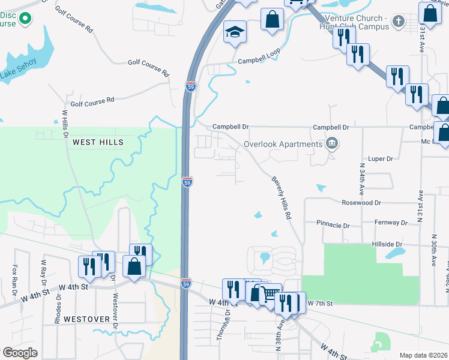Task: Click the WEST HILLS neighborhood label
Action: coord(98,142)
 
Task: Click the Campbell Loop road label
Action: coord(259,61)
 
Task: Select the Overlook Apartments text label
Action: coord(283,144)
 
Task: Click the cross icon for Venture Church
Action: coord(397,23)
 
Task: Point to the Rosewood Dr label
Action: coord(362,203)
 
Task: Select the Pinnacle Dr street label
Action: coord(333,226)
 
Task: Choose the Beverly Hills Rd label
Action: coord(281,197)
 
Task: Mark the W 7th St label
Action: coord(319,304)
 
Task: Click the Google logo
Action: coord(20,353)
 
